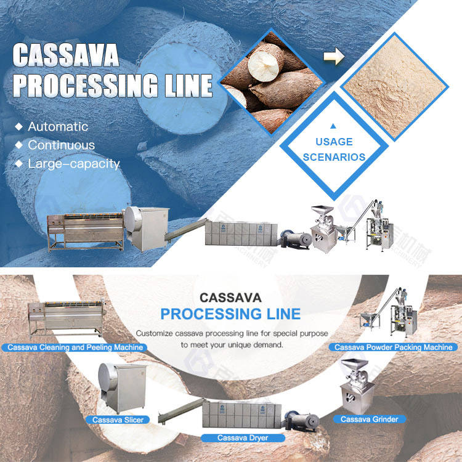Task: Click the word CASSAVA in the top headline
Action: pos(66,55)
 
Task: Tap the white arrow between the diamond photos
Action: pos(334,57)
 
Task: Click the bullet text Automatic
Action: pos(58,126)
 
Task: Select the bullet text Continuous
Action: pos(62,145)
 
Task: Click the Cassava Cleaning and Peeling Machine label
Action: pos(75,347)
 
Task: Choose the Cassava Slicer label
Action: pos(118,419)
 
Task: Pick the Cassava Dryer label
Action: pos(243,438)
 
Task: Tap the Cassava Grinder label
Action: pos(370,419)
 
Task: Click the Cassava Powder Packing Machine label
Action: pos(393,347)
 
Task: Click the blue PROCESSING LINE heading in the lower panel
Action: pos(230,314)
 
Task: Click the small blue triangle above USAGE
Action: pos(333,126)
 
